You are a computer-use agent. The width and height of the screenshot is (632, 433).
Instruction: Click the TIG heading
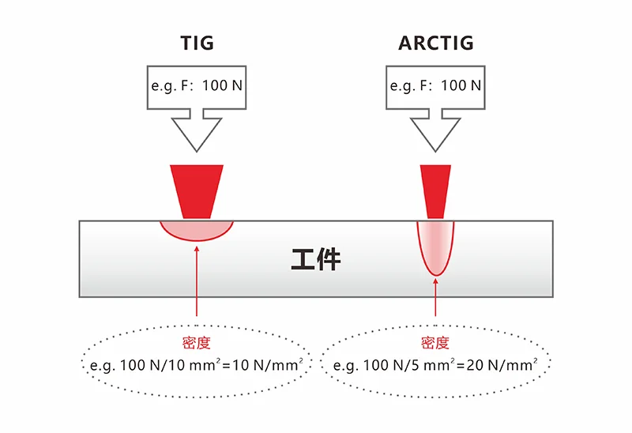pos(196,43)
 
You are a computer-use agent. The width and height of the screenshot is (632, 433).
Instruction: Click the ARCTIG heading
pos(435,43)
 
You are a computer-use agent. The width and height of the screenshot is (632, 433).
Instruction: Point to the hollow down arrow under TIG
pos(197,130)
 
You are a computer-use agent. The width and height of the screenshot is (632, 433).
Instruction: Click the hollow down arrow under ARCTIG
pos(435,130)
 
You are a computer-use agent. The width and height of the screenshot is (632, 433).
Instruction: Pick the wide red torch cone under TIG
pos(197,190)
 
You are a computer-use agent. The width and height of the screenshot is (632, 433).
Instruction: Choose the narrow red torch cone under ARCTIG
pos(435,190)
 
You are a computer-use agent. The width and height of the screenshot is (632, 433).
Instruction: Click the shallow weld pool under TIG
pos(197,230)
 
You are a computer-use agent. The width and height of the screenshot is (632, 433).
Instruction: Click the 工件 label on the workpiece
pos(316,259)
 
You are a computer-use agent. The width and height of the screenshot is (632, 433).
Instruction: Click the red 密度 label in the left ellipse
pos(197,344)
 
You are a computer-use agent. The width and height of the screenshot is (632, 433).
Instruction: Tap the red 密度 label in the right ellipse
pos(435,344)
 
